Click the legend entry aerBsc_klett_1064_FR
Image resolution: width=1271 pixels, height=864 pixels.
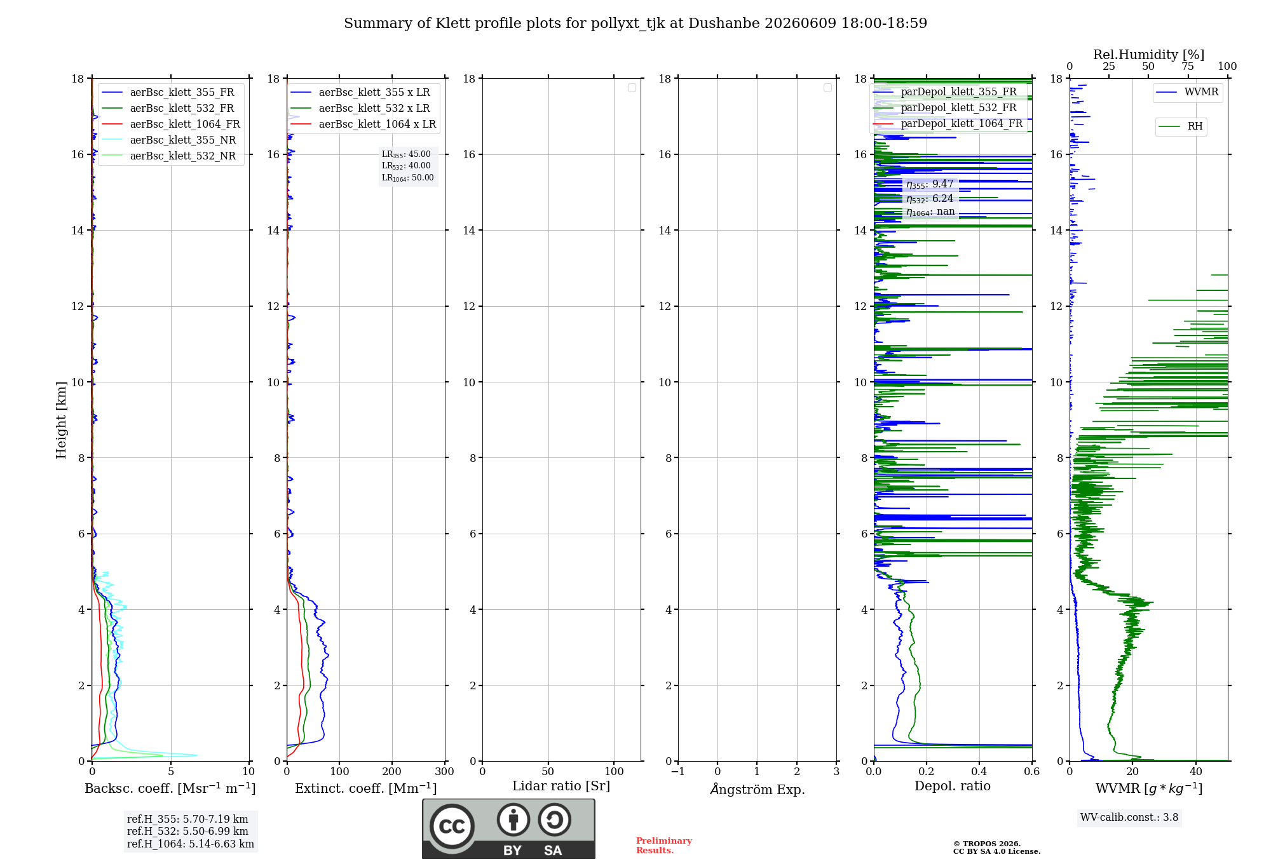(170, 124)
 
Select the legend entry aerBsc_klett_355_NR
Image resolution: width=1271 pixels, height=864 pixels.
(168, 140)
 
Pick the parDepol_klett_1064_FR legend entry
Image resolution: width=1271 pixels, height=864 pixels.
(948, 123)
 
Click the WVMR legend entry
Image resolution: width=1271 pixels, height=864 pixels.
(1187, 92)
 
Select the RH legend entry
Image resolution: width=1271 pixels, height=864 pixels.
(1180, 126)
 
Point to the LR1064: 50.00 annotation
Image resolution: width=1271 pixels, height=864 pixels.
(407, 178)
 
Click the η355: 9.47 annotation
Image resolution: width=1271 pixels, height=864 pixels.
(930, 184)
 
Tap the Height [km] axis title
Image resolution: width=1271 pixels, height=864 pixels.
(61, 420)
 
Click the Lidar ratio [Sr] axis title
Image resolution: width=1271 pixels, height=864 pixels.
(561, 786)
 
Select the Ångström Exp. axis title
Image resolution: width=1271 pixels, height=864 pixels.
(758, 789)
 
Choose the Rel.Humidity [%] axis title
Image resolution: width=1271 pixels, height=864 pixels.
(1148, 55)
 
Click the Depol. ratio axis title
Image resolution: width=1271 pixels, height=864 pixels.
(953, 786)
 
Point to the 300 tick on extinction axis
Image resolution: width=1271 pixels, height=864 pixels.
(445, 771)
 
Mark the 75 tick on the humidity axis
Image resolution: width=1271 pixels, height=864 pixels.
(1188, 66)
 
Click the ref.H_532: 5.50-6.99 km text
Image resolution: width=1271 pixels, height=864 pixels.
(187, 832)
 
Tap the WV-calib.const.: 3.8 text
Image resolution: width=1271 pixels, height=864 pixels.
(1129, 818)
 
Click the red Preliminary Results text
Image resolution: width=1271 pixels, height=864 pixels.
(664, 846)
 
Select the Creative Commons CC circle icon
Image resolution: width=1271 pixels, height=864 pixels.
(452, 827)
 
